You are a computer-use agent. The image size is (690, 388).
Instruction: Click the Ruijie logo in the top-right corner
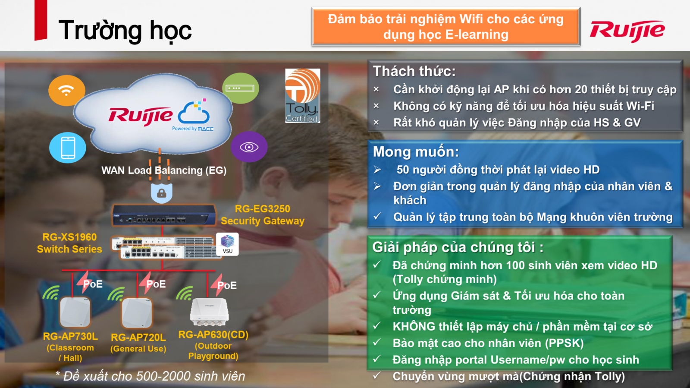(627, 31)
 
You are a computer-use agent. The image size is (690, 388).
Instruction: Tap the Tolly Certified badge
(302, 95)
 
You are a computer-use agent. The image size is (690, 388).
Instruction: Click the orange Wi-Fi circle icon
(66, 90)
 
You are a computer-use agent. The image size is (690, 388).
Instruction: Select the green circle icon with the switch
(240, 88)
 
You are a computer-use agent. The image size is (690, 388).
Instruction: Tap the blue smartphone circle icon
(67, 148)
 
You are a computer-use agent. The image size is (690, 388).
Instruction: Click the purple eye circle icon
(249, 147)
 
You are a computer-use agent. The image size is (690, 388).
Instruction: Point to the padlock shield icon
(161, 193)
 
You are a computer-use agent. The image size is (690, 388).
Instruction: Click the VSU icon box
(227, 244)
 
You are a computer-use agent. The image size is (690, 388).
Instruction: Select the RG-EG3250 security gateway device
(164, 215)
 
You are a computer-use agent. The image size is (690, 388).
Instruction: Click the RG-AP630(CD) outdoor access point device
(210, 312)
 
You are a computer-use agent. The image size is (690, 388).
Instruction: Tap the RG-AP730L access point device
(75, 312)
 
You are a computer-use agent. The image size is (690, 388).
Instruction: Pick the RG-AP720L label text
(138, 338)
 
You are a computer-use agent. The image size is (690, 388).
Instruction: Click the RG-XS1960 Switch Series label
(69, 243)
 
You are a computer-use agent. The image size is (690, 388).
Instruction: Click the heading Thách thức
(414, 72)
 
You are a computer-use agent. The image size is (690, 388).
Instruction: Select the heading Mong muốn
(416, 152)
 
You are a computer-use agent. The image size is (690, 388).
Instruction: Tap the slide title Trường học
(125, 30)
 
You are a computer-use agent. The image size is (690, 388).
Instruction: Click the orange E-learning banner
(446, 27)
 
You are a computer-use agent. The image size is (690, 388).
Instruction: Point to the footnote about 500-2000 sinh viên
(151, 376)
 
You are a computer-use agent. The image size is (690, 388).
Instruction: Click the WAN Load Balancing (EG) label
(164, 170)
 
